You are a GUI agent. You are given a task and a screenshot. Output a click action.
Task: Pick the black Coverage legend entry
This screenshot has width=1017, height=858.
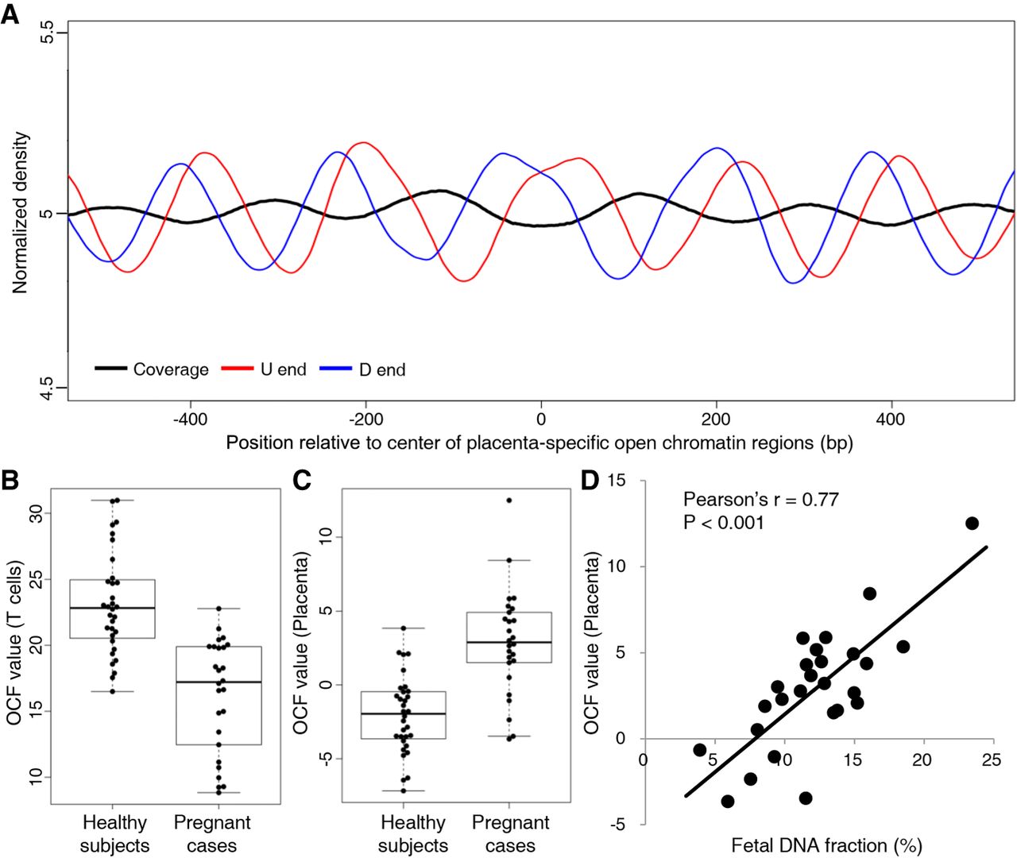click(x=152, y=369)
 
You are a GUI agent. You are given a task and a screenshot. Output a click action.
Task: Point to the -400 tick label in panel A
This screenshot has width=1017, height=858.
click(x=189, y=419)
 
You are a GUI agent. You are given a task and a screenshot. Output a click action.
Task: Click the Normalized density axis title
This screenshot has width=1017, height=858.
click(x=20, y=213)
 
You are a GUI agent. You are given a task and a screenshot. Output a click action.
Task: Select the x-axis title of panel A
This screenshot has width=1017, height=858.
click(x=539, y=443)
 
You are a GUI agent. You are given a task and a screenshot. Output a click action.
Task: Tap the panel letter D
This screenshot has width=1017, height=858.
click(x=590, y=481)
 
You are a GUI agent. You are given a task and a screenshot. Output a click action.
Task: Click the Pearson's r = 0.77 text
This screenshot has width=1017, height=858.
click(x=760, y=500)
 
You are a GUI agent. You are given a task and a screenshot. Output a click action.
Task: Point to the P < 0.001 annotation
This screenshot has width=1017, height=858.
click(x=723, y=522)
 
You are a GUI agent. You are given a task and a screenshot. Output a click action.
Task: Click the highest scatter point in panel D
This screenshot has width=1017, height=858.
click(x=972, y=523)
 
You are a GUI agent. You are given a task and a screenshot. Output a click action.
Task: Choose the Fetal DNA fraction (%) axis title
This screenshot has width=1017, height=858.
click(x=826, y=845)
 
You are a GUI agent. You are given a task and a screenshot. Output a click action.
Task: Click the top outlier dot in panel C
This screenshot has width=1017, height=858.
click(x=509, y=500)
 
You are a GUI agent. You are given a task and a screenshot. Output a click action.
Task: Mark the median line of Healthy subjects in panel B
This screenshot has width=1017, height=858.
click(x=112, y=608)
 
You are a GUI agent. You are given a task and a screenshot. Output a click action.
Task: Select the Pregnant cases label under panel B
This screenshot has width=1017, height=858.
click(x=212, y=833)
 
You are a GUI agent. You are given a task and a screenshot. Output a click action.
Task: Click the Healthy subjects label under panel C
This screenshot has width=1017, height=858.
click(x=413, y=833)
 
